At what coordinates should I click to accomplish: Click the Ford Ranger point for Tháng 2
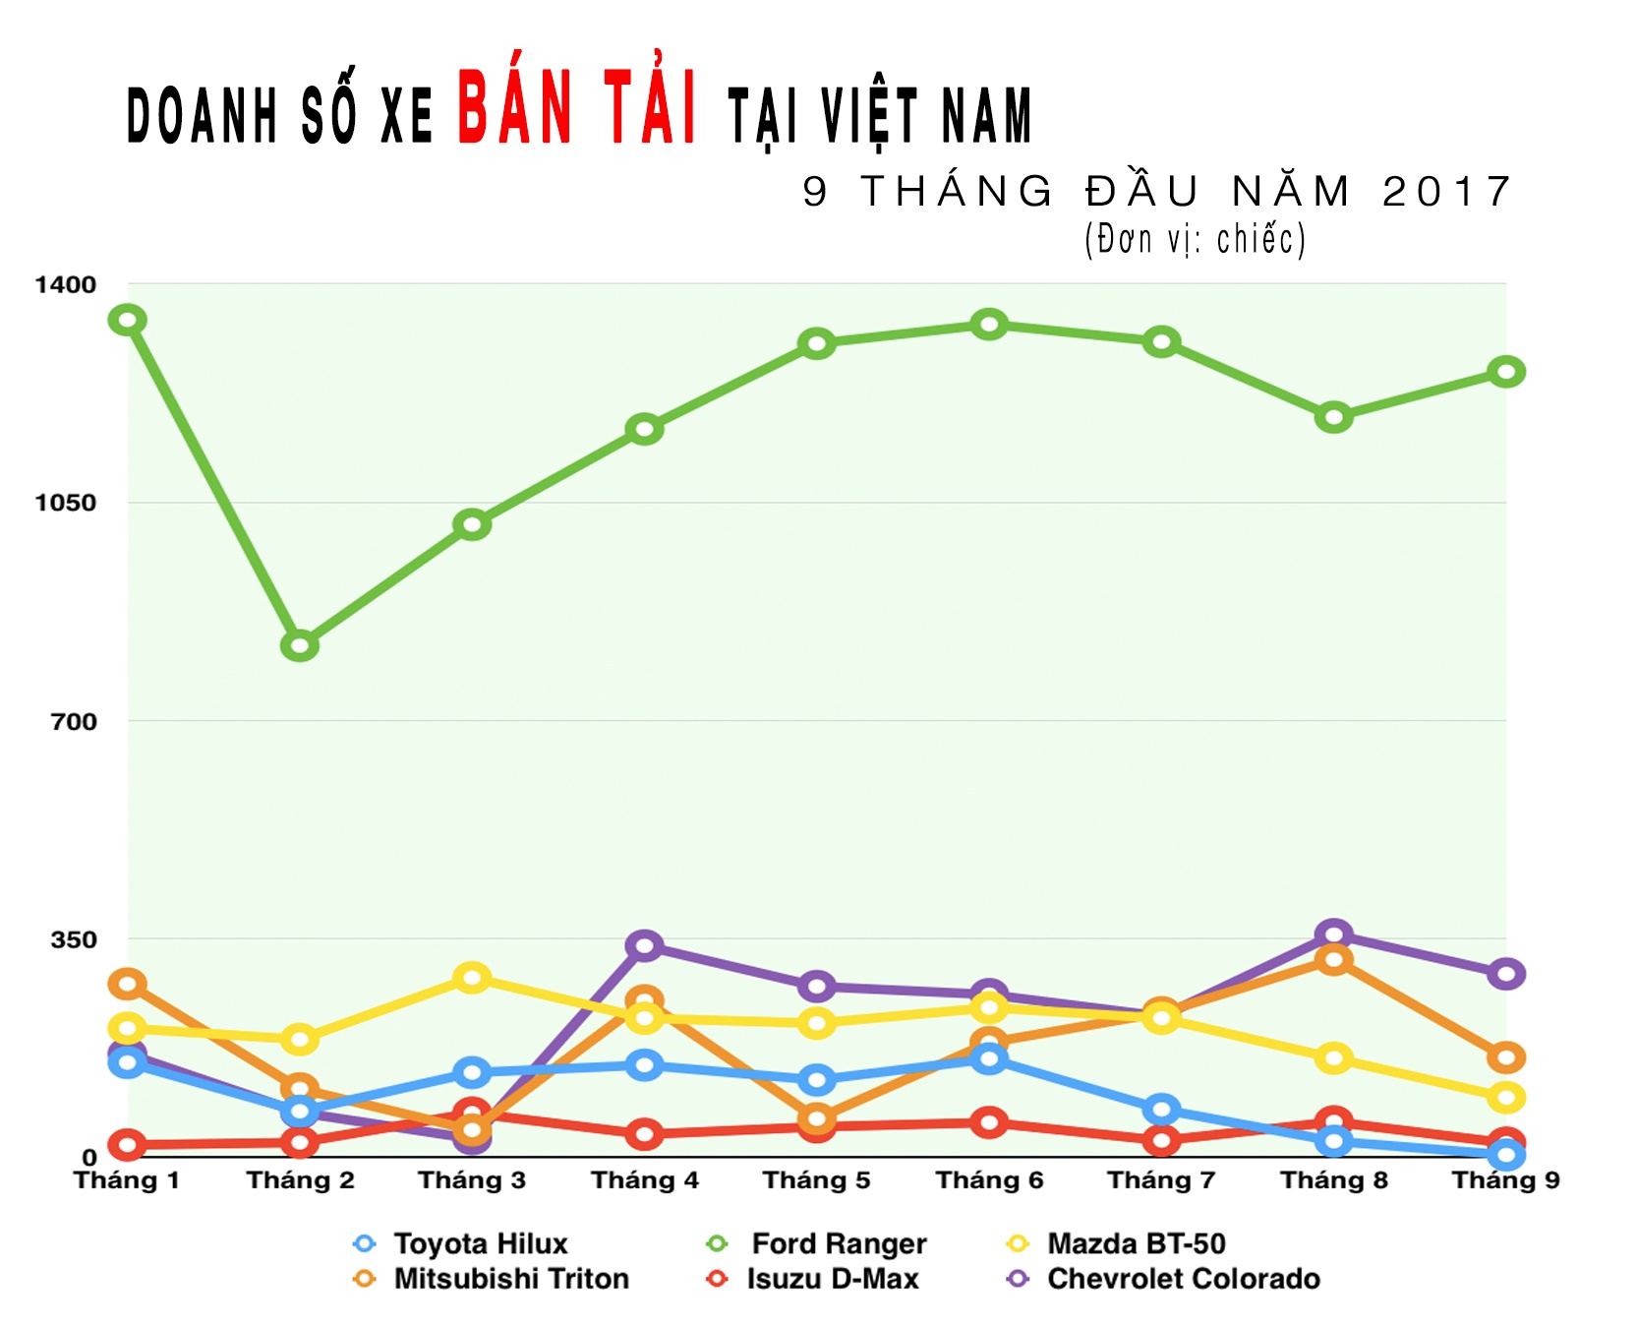click(299, 645)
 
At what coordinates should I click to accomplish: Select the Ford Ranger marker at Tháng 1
click(127, 320)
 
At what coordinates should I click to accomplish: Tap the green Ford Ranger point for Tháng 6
click(989, 324)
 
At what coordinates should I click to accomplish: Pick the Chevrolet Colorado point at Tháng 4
click(644, 945)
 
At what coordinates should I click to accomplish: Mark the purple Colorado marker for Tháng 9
click(1505, 974)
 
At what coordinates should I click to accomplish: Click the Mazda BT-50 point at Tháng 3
click(472, 978)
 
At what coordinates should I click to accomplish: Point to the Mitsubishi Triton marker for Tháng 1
click(127, 983)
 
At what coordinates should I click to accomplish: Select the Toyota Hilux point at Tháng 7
click(1161, 1110)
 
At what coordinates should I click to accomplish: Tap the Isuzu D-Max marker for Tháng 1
click(127, 1144)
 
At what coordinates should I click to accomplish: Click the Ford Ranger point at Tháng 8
click(1333, 417)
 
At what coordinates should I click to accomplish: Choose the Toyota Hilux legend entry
click(462, 1243)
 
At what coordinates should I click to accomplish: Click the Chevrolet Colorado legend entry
click(1166, 1279)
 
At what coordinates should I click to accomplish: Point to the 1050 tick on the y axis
click(66, 503)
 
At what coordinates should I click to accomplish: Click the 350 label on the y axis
click(74, 939)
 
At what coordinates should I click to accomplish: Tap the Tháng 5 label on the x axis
click(816, 1180)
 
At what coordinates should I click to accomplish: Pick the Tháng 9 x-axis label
click(1505, 1180)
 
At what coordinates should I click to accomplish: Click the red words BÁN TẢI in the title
click(578, 108)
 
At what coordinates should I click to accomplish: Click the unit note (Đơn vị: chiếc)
click(1195, 239)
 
